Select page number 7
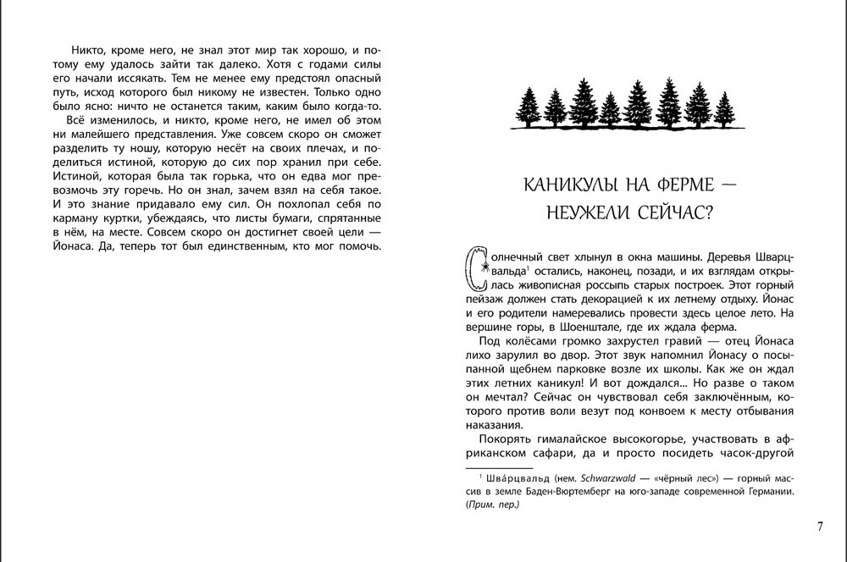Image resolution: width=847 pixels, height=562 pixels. (x=820, y=526)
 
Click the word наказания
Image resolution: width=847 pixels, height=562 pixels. (x=501, y=425)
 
